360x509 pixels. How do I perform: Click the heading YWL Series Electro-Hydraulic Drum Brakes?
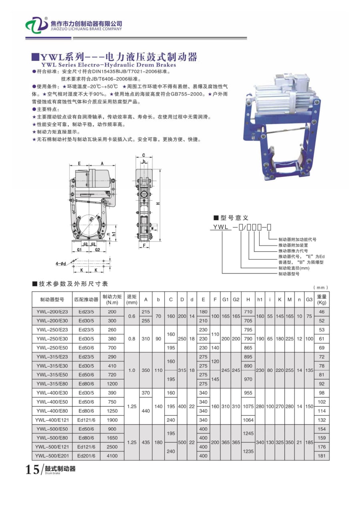(x=108, y=64)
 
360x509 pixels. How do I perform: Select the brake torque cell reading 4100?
(x=112, y=455)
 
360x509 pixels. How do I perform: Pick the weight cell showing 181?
(x=322, y=455)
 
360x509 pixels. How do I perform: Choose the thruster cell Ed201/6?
(x=86, y=455)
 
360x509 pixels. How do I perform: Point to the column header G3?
(x=309, y=299)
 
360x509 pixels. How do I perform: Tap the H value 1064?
(x=248, y=420)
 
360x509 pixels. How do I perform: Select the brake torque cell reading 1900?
(x=112, y=420)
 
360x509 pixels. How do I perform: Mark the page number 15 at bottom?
(x=32, y=470)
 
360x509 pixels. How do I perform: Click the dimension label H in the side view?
(x=158, y=204)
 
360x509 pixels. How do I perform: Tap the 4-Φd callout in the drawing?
(x=61, y=264)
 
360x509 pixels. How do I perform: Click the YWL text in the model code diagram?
(x=220, y=227)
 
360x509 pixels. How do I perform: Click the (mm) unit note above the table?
(x=321, y=287)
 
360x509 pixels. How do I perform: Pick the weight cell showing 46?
(x=322, y=311)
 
